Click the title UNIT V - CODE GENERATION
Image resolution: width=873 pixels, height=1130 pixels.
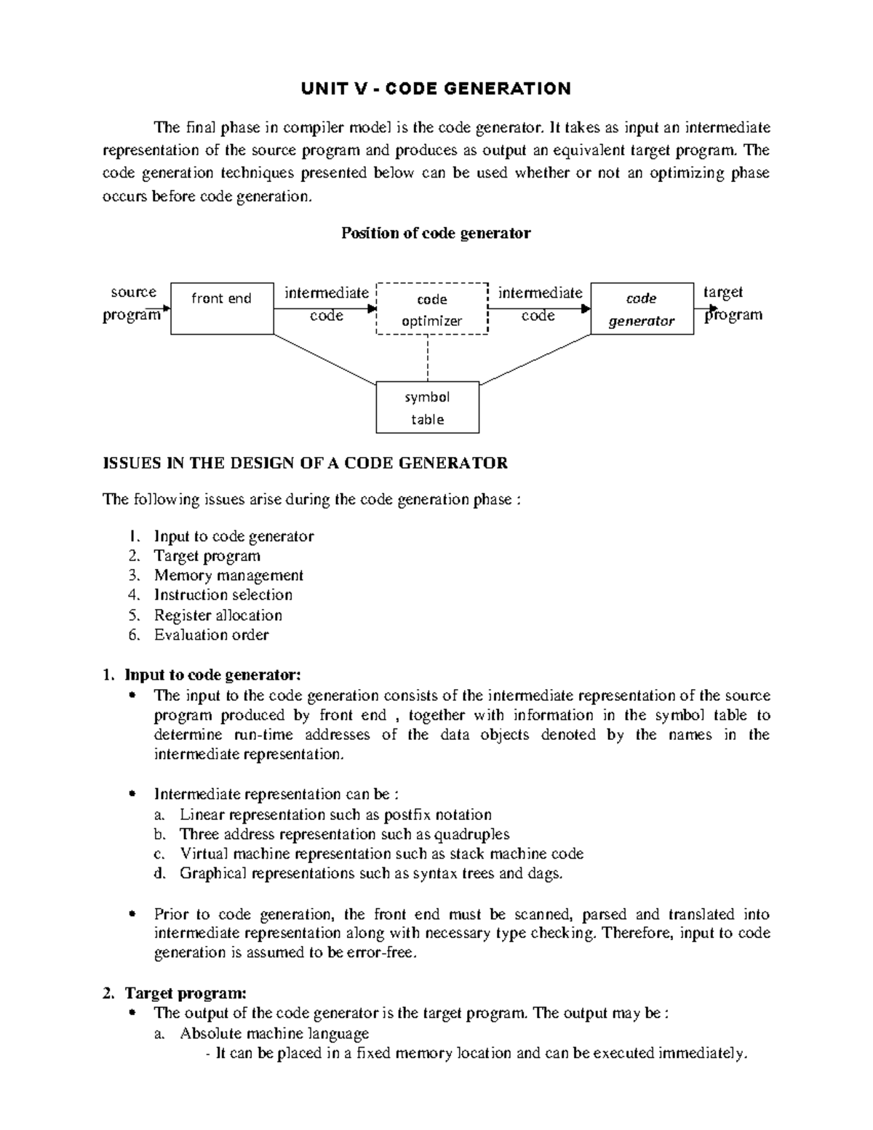436,89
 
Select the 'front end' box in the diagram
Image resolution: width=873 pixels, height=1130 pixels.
222,309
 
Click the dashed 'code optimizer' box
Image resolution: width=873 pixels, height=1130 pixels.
431,309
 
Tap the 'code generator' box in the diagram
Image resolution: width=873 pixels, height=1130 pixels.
641,309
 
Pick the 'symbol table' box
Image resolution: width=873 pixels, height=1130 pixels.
427,407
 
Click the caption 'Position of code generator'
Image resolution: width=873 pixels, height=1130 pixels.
436,234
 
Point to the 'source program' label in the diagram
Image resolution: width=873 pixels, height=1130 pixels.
133,303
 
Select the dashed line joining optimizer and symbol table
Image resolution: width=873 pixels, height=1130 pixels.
428,358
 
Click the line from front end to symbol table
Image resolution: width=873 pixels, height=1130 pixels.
324,359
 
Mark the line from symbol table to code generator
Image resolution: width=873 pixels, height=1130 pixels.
535,359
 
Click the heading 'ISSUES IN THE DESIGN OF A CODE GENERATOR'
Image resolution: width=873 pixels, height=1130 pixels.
306,463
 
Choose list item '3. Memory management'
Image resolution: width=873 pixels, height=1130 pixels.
228,576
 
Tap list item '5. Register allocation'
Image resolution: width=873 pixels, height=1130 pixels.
218,615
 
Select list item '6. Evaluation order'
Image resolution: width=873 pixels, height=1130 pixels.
211,634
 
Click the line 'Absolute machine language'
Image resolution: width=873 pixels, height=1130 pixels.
274,1033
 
